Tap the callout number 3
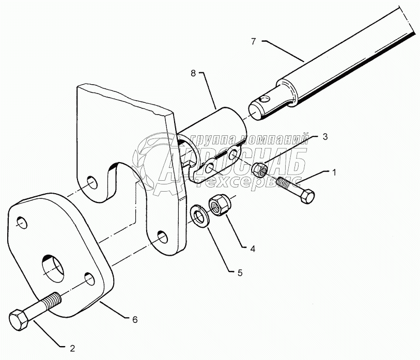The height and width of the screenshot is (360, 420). [324, 136]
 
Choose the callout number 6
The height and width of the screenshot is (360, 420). [135, 320]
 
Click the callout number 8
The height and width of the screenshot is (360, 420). [193, 74]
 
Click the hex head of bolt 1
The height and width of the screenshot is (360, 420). [306, 196]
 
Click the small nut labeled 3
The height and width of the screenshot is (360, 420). [260, 168]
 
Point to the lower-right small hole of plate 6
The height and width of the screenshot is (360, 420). [91, 280]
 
